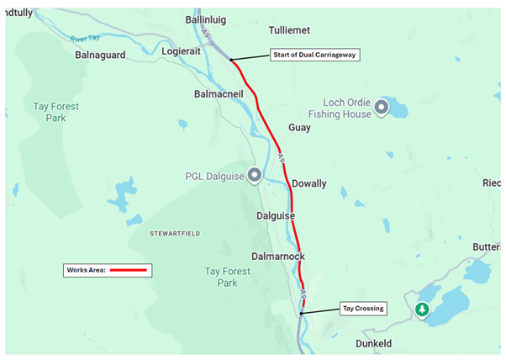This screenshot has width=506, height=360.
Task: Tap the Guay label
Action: (x=299, y=128)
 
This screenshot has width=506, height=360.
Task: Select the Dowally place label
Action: (x=308, y=183)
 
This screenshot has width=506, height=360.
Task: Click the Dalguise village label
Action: (x=276, y=216)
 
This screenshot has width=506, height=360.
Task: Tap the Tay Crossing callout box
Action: (x=363, y=309)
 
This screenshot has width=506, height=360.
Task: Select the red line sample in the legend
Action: (x=128, y=271)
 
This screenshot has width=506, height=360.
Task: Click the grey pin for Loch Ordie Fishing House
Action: (x=382, y=107)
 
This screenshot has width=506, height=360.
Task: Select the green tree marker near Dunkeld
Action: (x=422, y=310)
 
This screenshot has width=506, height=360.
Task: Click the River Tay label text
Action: (x=86, y=39)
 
